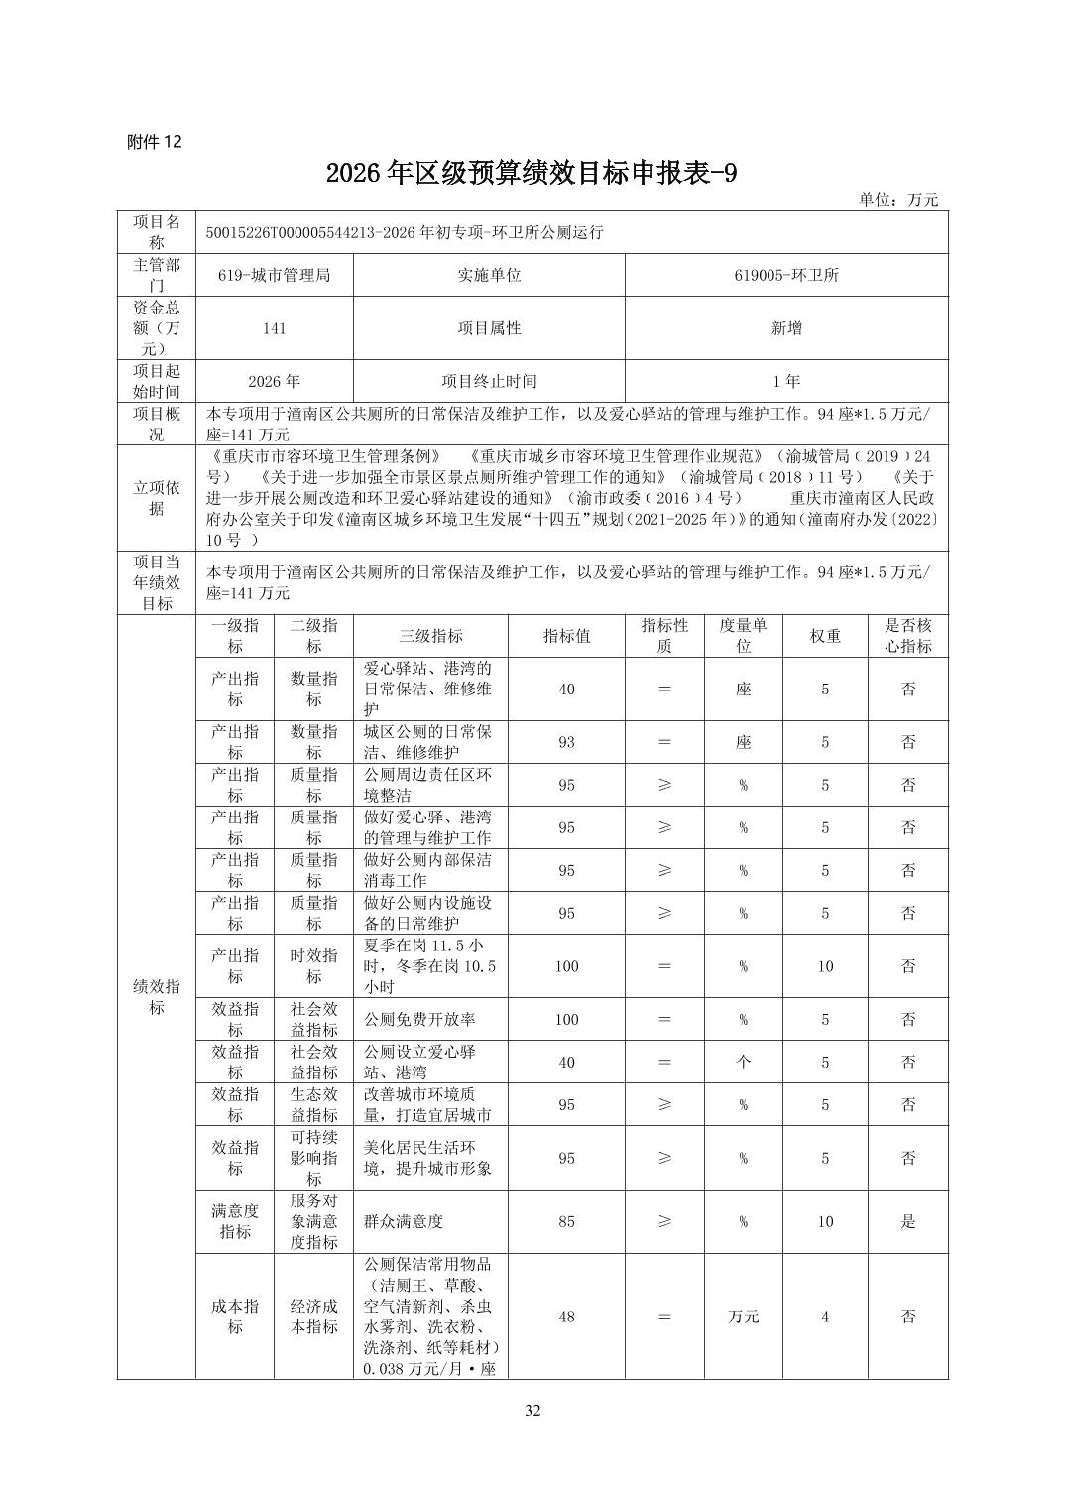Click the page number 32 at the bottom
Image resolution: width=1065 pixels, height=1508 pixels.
coord(532,1411)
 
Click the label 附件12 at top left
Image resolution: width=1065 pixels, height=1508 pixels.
coord(155,142)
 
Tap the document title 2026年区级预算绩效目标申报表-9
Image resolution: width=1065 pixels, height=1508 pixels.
coord(532,174)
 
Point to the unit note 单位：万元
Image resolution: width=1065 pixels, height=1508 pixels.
coord(897,200)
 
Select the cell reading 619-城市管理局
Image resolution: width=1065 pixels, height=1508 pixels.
coord(274,275)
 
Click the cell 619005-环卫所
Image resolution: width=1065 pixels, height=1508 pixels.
coord(786,275)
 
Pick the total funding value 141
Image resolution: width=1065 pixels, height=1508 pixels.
coord(274,327)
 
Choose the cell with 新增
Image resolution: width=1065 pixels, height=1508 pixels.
coord(786,327)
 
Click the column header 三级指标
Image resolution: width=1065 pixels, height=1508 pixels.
coord(430,636)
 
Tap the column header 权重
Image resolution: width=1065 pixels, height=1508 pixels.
coord(825,636)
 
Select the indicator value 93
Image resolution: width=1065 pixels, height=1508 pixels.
coord(566,742)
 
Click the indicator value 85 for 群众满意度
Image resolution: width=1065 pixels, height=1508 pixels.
coord(566,1221)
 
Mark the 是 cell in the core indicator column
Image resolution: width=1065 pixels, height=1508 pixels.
coord(908,1221)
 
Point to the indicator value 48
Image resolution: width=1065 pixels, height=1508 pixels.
coord(566,1317)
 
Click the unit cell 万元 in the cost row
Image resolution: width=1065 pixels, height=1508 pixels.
coord(743,1317)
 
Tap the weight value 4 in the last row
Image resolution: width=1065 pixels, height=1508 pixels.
coord(825,1317)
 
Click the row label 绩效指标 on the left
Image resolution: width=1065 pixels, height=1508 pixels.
coord(157,997)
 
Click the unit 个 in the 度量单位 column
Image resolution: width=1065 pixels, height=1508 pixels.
coord(743,1062)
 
